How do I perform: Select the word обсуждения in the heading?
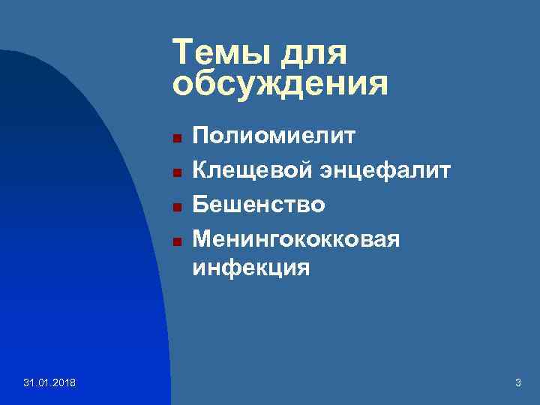[280, 84]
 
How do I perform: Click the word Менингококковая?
[295, 238]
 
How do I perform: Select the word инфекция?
[250, 266]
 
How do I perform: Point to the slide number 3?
[517, 384]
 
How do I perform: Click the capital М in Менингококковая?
[202, 238]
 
